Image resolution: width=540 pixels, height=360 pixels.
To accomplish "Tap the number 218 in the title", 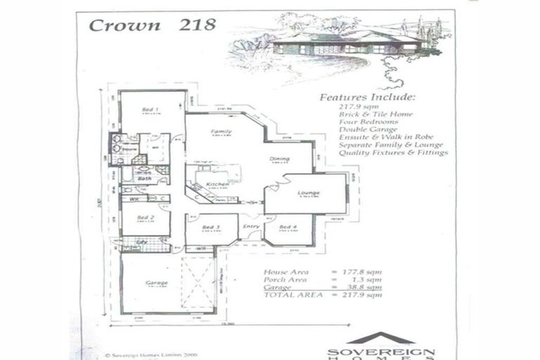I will coord(198,25).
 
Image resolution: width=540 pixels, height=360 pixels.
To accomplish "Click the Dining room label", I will coord(279,160).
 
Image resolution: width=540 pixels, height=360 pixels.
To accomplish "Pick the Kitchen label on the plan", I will coord(217,184).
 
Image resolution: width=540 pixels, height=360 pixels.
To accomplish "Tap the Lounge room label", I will coord(308,193).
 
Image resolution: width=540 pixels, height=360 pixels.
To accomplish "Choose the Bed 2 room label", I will coord(146,218).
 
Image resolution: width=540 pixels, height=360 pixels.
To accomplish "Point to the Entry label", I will coord(251,226).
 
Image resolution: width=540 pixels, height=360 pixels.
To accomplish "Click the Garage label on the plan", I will coord(156,283).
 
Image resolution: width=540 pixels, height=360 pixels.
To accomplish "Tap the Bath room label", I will coord(144,179).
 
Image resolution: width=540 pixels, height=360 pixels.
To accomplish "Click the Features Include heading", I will coord(367,97).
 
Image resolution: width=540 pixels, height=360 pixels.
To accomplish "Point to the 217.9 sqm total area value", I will coord(364,295).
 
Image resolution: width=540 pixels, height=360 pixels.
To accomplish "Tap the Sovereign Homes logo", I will coord(380,346).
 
